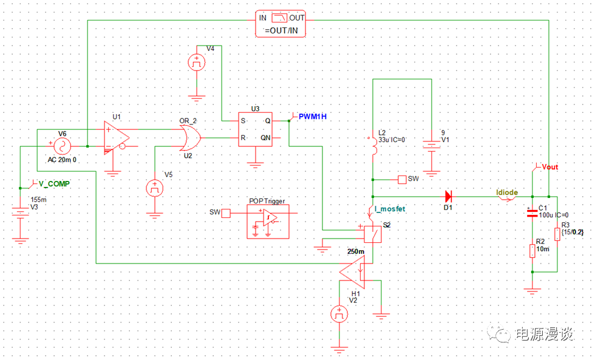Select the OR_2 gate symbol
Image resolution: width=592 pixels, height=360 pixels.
point(190,138)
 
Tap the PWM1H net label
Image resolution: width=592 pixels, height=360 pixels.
point(316,115)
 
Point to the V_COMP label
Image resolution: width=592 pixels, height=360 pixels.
point(53,183)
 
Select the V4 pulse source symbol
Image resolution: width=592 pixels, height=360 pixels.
point(197,62)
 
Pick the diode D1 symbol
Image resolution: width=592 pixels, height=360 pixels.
point(448,196)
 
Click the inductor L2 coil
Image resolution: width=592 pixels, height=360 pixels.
point(372,147)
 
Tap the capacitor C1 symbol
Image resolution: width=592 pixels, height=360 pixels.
point(532,212)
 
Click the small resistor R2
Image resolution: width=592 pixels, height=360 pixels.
point(532,250)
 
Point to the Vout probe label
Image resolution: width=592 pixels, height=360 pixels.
point(549,166)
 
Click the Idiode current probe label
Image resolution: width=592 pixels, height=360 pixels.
point(507,192)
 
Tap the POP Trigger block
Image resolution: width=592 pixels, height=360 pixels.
point(267,217)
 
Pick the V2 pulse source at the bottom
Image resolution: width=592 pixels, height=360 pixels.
point(338,314)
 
